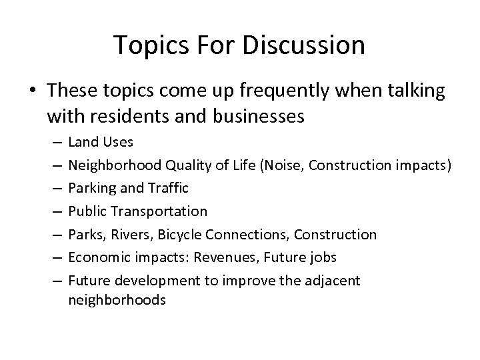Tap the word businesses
pyautogui.click(x=248, y=117)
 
